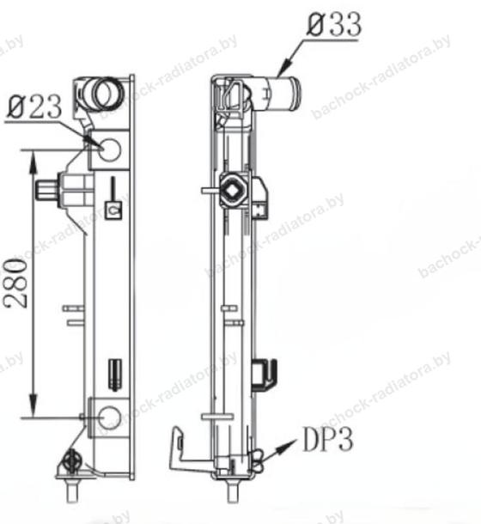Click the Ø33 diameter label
[334, 24]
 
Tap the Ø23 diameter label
[34, 107]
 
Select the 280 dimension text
[15, 283]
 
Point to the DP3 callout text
[327, 439]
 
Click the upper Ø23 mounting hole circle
[110, 149]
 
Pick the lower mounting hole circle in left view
[110, 417]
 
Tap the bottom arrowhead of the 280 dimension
[33, 405]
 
